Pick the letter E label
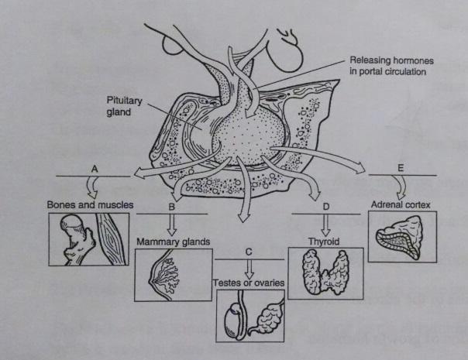pos(401,168)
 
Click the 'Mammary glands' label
pos(174,242)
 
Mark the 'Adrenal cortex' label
pos(400,206)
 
